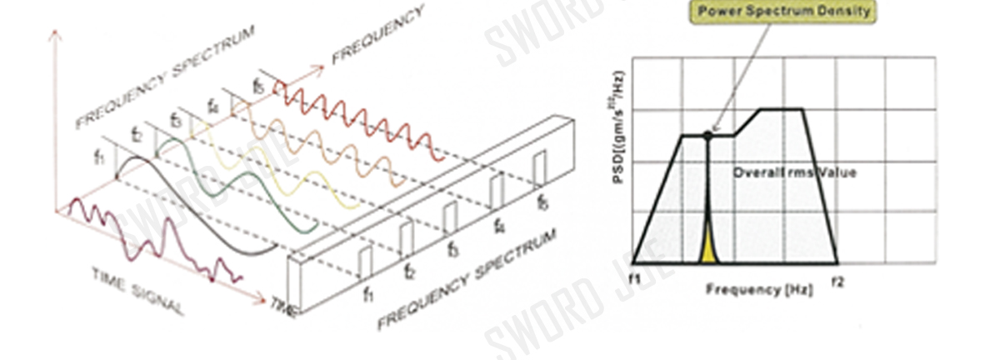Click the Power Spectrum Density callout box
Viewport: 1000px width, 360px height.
(x=784, y=12)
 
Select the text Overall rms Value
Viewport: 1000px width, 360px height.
(x=794, y=172)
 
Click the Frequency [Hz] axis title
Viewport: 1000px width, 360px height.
(x=747, y=289)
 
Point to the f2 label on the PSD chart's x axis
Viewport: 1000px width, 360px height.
(x=837, y=282)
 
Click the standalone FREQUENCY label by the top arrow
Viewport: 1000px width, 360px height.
(x=378, y=34)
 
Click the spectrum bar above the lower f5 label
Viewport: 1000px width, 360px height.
(x=540, y=166)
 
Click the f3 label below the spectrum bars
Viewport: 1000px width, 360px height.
(x=452, y=249)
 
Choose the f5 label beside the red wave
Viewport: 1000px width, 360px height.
(x=259, y=86)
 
